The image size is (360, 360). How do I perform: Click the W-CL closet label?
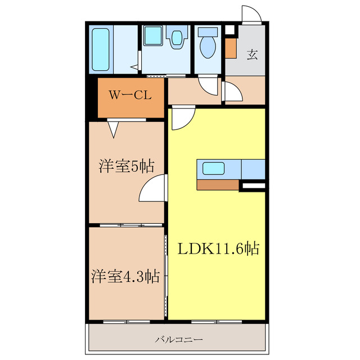[129, 96]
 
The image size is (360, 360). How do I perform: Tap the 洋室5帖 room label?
[127, 166]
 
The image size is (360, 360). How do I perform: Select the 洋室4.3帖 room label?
[125, 276]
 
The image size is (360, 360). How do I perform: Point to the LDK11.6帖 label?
[219, 248]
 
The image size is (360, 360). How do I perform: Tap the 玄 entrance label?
[253, 55]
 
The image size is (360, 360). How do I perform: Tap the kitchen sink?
[214, 168]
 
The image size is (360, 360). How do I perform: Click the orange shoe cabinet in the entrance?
[231, 48]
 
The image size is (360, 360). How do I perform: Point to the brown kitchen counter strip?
[218, 184]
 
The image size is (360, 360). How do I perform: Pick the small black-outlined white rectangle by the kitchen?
[252, 184]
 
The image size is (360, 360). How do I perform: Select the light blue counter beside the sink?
[253, 168]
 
